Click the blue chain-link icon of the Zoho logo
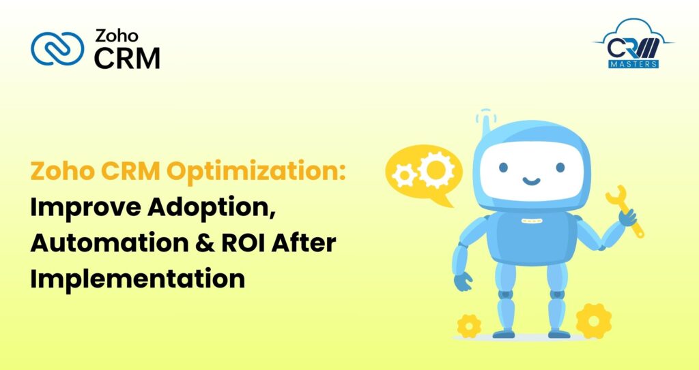57,50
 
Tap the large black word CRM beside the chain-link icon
127,59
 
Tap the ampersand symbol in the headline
189,243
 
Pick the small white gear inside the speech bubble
405,176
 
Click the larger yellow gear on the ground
593,320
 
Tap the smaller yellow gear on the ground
469,326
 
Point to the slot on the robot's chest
531,221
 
